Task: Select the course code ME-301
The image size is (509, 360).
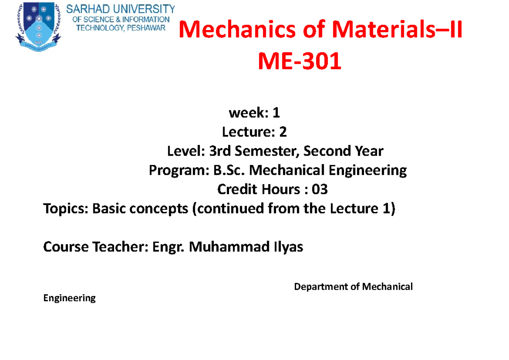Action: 300,62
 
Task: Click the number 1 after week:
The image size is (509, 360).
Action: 276,113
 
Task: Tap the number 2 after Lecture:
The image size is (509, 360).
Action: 282,133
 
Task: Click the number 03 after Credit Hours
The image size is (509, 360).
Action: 319,189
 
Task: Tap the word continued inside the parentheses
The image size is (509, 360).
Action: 226,209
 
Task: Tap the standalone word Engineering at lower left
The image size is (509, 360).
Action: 70,298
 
